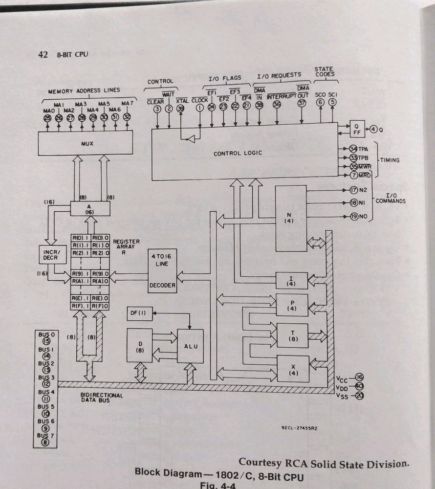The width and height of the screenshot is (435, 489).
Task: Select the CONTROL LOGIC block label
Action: coord(238,153)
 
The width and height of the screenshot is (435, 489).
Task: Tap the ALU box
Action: coord(190,345)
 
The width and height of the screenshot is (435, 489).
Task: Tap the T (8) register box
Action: coord(292,335)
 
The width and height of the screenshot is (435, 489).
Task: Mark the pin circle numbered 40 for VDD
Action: coord(359,386)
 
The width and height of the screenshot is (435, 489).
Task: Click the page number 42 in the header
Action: coord(43,55)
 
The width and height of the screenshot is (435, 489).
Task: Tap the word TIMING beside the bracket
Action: coord(390,159)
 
